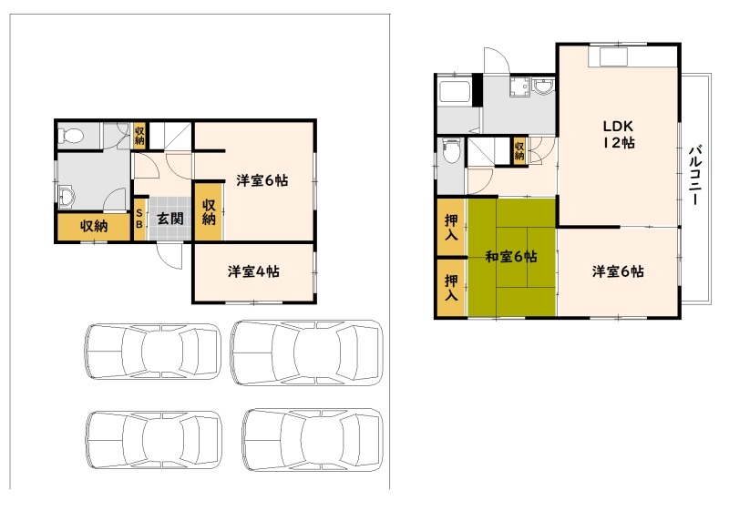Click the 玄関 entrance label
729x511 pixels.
169,219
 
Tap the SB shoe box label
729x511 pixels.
139,219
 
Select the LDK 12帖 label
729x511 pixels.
619,134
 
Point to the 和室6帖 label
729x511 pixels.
511,256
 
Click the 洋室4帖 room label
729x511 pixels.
253,271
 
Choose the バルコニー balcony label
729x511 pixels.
695,175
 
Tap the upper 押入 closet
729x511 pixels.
451,227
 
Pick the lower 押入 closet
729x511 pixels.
451,288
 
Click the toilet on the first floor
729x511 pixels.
71,136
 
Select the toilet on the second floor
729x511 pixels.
450,150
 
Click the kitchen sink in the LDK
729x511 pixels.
613,57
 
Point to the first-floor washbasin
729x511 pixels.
67,197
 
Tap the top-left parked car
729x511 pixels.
152,351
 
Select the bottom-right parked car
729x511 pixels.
313,439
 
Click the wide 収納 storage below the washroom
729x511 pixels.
94,227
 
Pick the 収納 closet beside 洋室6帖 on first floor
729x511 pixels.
209,212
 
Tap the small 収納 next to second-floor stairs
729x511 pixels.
519,149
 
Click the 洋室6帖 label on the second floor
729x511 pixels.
618,271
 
